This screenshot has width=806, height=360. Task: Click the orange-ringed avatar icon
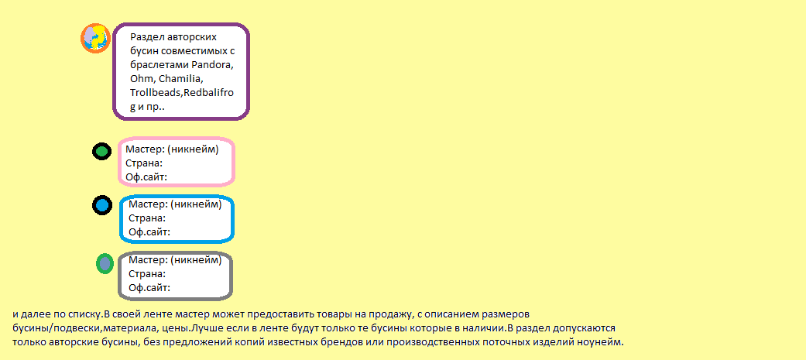point(96,38)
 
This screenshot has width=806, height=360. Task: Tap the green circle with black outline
point(101,151)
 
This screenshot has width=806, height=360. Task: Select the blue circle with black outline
point(102,206)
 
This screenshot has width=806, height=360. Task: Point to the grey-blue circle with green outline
point(105,264)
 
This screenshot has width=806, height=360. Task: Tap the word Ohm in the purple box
point(142,79)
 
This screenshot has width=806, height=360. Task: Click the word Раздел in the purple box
point(146,37)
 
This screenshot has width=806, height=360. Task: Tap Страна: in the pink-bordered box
point(144,163)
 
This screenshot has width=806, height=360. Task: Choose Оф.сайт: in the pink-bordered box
point(146,177)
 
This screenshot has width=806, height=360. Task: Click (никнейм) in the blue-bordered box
point(196,204)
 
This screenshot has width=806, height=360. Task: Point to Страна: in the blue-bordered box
point(147,218)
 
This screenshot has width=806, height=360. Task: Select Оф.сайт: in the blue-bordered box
point(149,232)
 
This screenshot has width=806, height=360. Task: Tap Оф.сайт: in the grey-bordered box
point(149,288)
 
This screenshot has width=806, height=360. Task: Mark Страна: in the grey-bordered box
point(147,274)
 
